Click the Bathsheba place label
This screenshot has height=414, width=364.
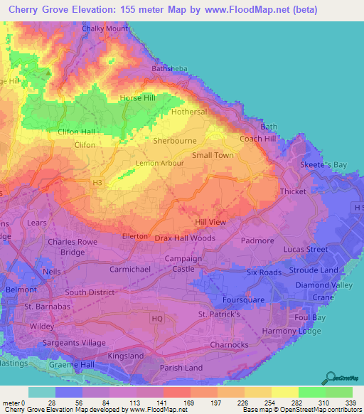169,69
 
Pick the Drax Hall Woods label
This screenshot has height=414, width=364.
185,238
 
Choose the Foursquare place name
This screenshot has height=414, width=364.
242,299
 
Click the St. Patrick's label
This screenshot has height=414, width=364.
221,314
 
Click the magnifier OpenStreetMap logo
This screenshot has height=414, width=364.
331,378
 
